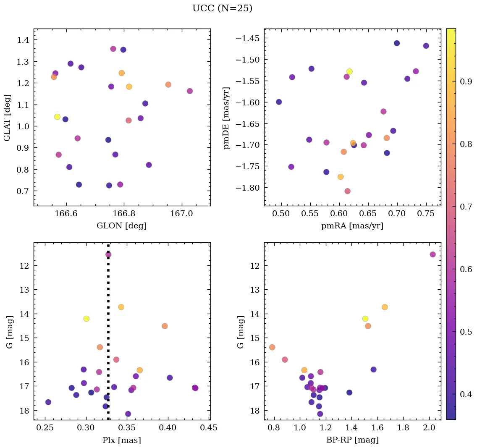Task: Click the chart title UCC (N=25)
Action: [x=222, y=8]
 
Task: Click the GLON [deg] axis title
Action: [x=122, y=226]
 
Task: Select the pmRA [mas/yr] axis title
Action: [x=352, y=226]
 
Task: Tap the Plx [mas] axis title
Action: [x=122, y=440]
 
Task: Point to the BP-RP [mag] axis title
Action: [x=352, y=440]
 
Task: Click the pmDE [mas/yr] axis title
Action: [x=227, y=118]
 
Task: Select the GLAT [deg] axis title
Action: [x=7, y=118]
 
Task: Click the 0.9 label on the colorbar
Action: [x=466, y=82]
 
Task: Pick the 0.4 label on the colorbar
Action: [x=466, y=394]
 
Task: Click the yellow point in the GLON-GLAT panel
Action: [x=57, y=117]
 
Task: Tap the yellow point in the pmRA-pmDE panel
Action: [x=349, y=71]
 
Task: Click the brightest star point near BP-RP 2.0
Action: [x=432, y=254]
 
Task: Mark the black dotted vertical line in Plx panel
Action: [x=108, y=336]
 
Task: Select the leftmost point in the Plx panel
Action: [x=48, y=402]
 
